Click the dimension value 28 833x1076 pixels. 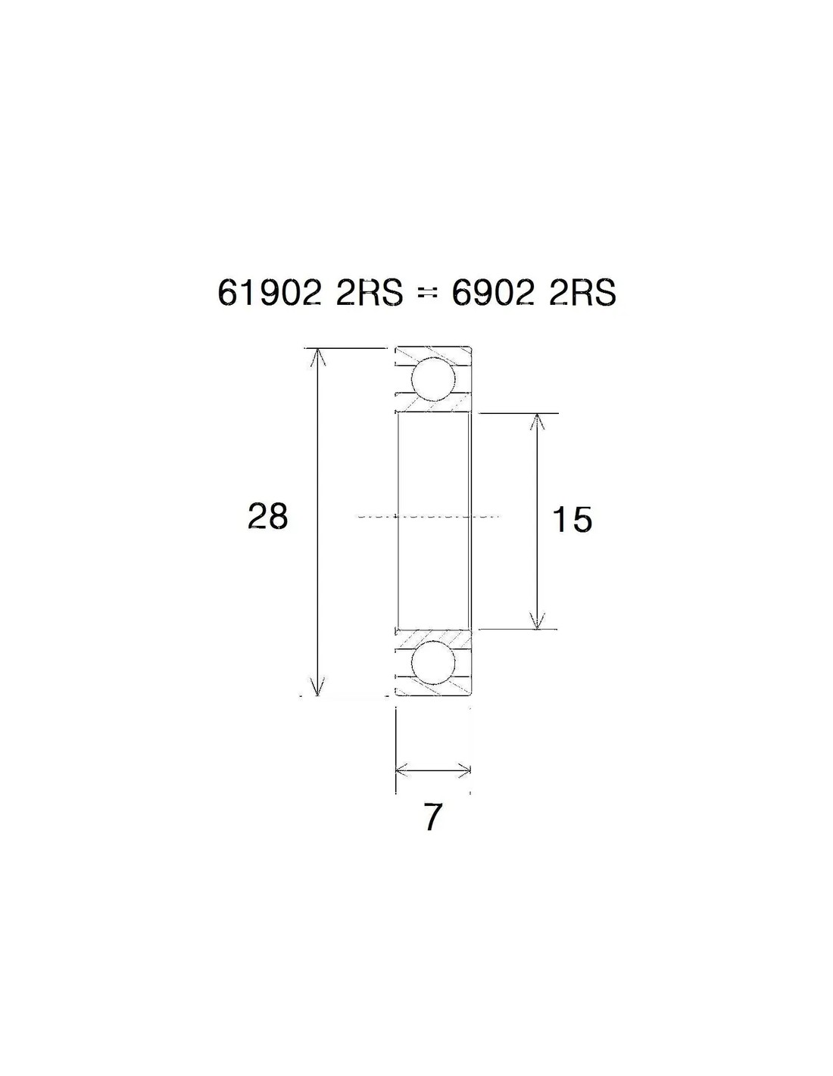[x=267, y=517]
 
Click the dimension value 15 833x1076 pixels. [x=572, y=520]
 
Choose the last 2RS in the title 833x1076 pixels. [x=583, y=294]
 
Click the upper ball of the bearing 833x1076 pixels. [x=434, y=379]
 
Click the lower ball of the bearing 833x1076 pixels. [x=434, y=664]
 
